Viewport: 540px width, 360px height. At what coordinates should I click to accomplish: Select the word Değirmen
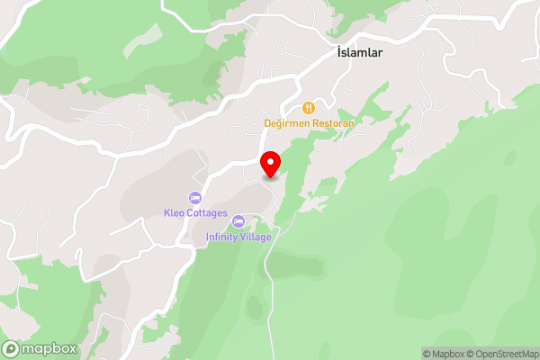pos(286,122)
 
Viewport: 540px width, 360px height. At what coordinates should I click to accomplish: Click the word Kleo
pos(174,213)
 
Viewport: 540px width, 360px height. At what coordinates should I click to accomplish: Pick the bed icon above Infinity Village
pos(238,221)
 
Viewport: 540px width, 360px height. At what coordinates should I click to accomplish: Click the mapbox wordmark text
pos(50,349)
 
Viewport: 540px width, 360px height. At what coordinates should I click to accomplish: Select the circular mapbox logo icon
pos(12,349)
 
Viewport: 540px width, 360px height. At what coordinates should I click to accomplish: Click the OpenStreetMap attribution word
pos(508,354)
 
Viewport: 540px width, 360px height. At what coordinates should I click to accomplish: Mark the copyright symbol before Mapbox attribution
pos(427,354)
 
